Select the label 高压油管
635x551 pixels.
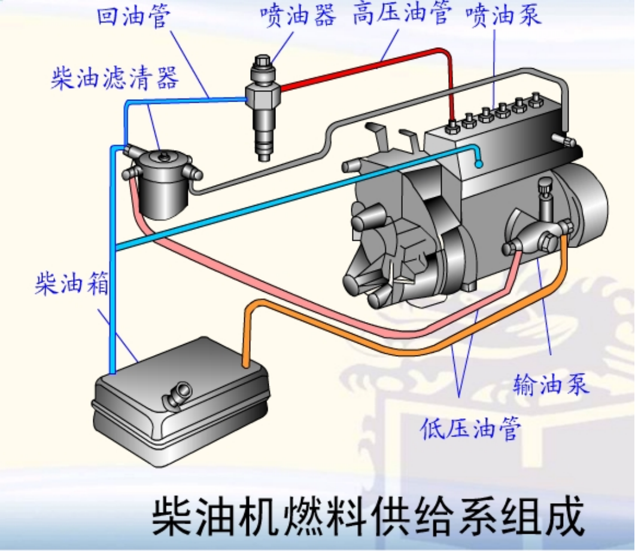[x=400, y=15]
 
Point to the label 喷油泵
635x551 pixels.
[x=503, y=15]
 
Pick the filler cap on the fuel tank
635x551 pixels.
[x=178, y=393]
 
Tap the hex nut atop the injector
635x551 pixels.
[x=262, y=62]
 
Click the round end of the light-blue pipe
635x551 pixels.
[x=478, y=163]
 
